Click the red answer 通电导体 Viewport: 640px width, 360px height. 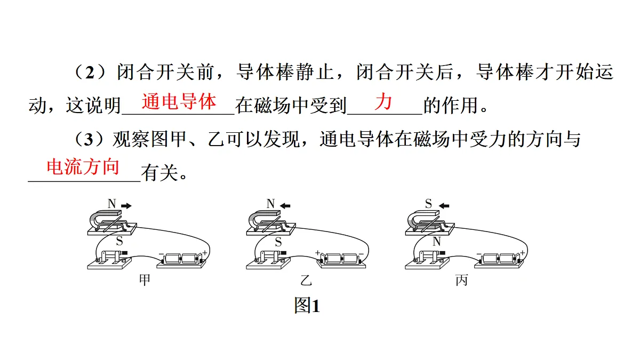click(179, 101)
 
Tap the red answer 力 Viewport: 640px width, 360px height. click(383, 101)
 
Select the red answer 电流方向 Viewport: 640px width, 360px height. click(83, 167)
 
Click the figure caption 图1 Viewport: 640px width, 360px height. click(307, 306)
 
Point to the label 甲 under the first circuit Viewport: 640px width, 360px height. click(145, 279)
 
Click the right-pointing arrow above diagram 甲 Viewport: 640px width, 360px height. click(126, 205)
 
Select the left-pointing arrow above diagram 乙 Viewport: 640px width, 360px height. click(285, 205)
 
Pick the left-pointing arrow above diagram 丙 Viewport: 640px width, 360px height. click(444, 205)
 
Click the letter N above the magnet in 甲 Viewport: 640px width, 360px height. click(111, 204)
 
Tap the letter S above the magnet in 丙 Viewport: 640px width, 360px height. click(428, 204)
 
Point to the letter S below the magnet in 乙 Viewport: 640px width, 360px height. click(278, 242)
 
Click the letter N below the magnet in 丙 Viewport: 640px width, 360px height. click(437, 242)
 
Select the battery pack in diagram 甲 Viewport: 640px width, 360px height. click(182, 260)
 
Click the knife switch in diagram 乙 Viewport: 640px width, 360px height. click(268, 260)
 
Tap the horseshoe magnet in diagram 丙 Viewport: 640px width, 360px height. click(422, 220)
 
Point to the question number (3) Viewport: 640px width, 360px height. click(89, 139)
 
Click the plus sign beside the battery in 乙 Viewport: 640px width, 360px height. click(318, 253)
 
